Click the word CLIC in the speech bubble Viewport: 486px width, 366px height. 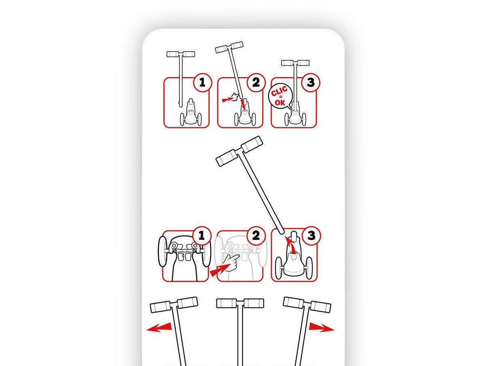click(x=279, y=91)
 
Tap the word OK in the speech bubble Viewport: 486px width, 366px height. click(x=280, y=102)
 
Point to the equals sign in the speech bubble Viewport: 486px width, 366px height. click(x=281, y=97)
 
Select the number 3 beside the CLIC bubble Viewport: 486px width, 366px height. click(x=311, y=82)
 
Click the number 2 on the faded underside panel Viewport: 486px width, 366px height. click(x=256, y=235)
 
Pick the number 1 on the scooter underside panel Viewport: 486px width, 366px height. click(x=201, y=235)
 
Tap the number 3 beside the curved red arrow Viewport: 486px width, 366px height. click(x=311, y=235)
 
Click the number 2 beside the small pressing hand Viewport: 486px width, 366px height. click(x=256, y=82)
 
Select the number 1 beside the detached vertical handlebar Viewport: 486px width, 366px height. click(x=202, y=82)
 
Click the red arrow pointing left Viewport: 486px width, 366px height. click(x=159, y=327)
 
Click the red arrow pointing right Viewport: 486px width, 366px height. click(x=322, y=327)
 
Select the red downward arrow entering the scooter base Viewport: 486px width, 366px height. click(x=243, y=104)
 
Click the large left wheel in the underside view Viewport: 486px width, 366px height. click(x=163, y=252)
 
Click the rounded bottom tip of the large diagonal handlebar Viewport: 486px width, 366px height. click(x=281, y=232)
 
